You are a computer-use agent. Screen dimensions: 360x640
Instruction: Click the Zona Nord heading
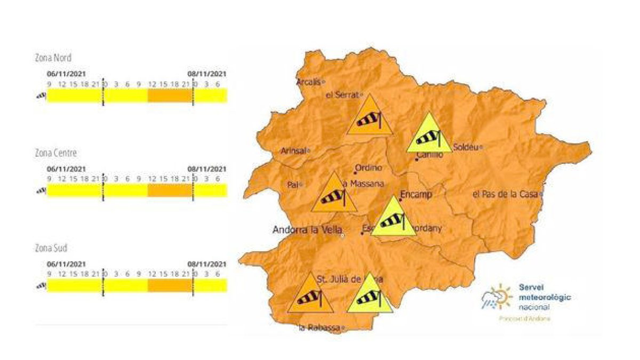pos(53,58)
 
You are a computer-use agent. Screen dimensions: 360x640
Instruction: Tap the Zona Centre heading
pos(55,153)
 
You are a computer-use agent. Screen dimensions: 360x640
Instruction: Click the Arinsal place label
pos(293,151)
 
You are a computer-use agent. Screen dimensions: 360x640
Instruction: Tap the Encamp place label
pos(415,194)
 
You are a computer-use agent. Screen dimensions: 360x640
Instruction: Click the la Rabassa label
pos(319,327)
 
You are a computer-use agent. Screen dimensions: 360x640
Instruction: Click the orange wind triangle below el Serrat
pos(370,117)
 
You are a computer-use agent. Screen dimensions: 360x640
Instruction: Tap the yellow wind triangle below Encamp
pos(394,219)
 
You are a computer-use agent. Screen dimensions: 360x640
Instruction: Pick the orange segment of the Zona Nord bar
pos(170,95)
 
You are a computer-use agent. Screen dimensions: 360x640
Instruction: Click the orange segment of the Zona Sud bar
pos(170,285)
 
